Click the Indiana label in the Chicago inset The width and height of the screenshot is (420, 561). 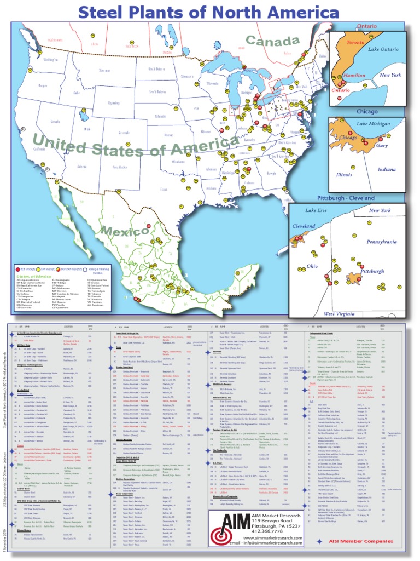pos(386,169)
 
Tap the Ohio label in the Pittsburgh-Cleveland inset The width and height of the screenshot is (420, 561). pos(312,266)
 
